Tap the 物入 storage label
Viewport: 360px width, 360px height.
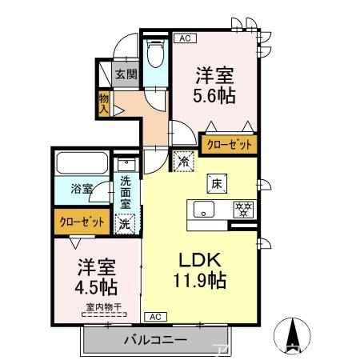pos(104,102)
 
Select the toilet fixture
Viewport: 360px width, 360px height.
pos(154,57)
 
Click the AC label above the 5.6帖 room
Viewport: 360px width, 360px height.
pos(184,38)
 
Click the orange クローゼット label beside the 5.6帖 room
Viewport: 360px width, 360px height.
pos(230,145)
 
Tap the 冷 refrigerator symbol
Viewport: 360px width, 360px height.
pos(184,160)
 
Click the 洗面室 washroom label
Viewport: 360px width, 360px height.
pos(126,192)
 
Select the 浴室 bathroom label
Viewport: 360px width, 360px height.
pos(82,190)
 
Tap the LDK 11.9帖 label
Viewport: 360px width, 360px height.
pos(199,270)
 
